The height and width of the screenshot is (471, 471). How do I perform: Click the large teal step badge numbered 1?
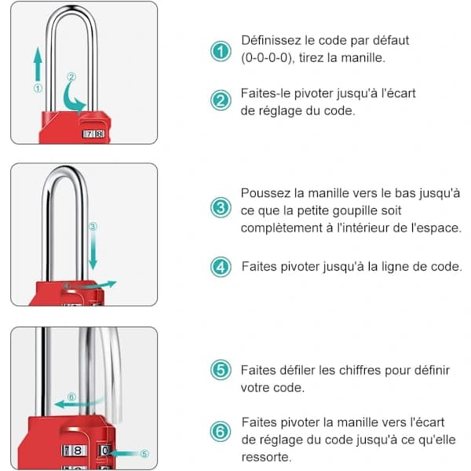click(x=221, y=51)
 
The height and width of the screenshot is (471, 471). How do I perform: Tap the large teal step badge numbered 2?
click(x=221, y=100)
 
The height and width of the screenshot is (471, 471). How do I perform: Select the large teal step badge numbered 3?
click(x=221, y=207)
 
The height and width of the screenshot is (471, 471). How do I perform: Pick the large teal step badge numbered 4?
click(x=221, y=267)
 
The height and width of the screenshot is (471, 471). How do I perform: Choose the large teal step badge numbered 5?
click(x=221, y=370)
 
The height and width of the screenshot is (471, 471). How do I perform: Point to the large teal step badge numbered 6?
click(x=221, y=431)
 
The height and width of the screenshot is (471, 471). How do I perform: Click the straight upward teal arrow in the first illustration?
click(x=38, y=64)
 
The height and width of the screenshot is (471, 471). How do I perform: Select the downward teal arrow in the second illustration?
click(x=93, y=251)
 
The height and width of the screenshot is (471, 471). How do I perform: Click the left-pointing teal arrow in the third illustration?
click(x=78, y=403)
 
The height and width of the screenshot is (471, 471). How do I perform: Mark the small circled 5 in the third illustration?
click(x=144, y=454)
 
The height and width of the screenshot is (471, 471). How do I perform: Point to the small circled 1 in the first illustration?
click(x=38, y=88)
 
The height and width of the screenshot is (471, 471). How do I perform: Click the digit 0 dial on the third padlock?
click(x=105, y=451)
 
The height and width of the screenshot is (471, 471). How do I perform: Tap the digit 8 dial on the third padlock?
click(x=78, y=451)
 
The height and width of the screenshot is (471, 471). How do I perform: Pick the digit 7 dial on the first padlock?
click(x=89, y=134)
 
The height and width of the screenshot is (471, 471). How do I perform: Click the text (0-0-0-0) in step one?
click(x=267, y=57)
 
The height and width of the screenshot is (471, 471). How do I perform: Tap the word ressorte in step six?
click(x=266, y=458)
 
